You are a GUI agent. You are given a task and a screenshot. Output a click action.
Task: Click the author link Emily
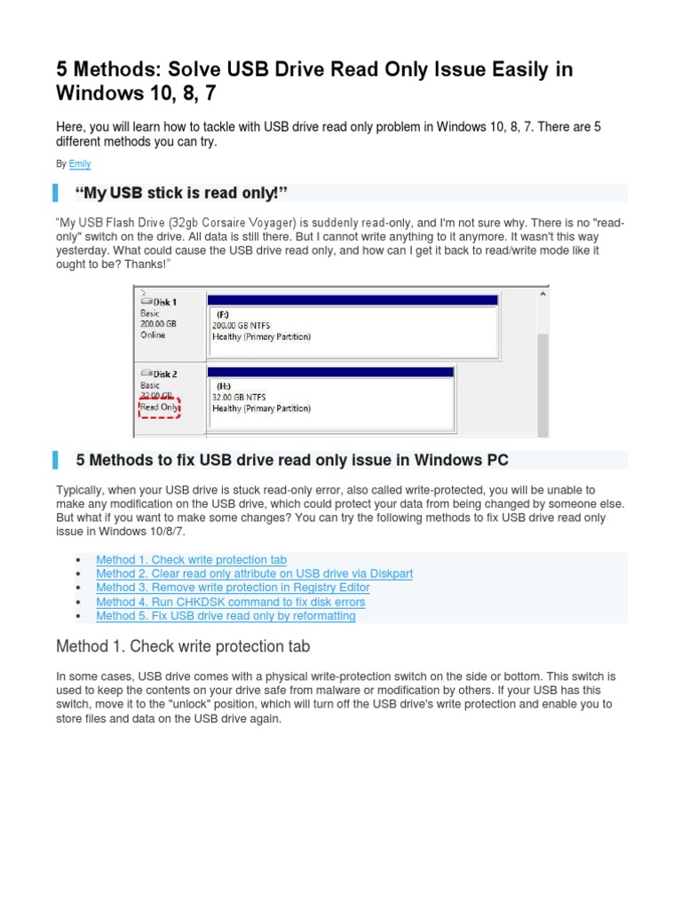click(79, 164)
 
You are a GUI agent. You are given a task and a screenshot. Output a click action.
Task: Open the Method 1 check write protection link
click(191, 559)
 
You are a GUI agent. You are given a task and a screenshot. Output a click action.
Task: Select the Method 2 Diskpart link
click(254, 573)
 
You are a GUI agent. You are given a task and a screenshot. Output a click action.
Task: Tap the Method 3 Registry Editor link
click(233, 588)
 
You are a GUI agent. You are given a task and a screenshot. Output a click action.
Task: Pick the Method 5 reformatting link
click(226, 616)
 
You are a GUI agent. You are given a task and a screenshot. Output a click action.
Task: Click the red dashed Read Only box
click(160, 408)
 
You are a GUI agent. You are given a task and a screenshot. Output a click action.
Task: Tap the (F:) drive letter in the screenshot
click(224, 314)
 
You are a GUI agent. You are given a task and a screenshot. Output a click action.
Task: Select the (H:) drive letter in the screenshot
click(224, 386)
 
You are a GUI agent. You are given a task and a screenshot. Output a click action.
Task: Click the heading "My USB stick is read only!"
click(184, 194)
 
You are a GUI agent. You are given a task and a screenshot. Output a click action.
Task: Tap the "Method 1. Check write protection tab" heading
click(182, 646)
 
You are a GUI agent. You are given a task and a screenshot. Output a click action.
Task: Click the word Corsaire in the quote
click(233, 223)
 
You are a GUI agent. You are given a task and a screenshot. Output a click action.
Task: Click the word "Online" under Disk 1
click(153, 335)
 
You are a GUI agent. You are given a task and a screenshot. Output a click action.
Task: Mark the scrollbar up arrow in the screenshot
click(542, 294)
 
